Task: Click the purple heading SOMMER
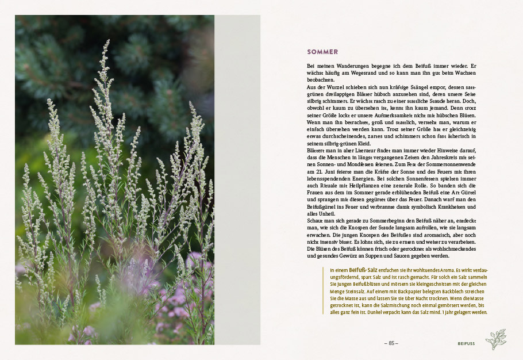coord(322,52)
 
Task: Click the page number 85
coord(391,343)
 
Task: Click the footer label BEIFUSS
coord(466,343)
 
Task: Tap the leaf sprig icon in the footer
coord(495,339)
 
